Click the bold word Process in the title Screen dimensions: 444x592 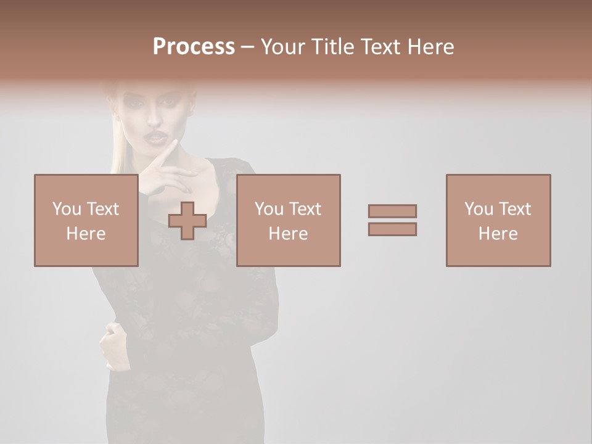point(194,47)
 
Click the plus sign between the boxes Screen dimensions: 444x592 point(187,221)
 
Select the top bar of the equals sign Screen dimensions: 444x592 point(392,211)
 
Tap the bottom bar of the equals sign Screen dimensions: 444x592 point(392,229)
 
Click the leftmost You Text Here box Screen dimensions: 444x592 point(86,220)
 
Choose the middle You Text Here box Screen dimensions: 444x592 point(288,220)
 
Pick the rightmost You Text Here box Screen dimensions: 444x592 point(498,220)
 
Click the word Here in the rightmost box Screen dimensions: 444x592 point(498,234)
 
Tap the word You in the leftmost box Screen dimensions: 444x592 point(66,209)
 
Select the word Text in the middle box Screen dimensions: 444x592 point(305,209)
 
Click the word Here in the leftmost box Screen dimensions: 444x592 point(86,234)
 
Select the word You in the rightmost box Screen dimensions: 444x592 point(478,209)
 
